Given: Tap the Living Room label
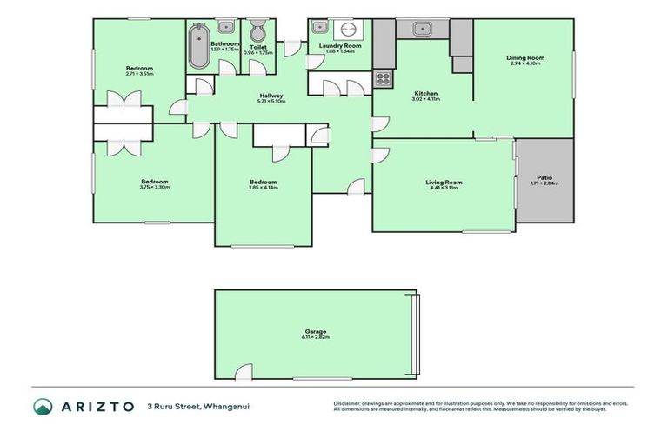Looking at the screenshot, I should (444, 183).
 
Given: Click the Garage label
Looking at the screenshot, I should (315, 331).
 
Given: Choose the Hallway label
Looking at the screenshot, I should (271, 96).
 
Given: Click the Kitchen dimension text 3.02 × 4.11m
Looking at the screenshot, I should (425, 99).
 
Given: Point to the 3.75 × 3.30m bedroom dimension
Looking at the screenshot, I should (155, 187).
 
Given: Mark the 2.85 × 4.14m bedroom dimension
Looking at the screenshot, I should (263, 188).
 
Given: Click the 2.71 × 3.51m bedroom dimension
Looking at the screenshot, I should (139, 74).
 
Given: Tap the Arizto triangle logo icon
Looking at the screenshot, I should (43, 406).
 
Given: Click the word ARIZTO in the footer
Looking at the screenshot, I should (97, 406).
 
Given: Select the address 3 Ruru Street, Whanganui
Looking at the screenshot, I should (192, 406).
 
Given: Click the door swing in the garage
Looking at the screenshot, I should (244, 372).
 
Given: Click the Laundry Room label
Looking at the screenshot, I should (340, 45).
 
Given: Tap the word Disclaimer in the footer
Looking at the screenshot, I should (348, 403).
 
